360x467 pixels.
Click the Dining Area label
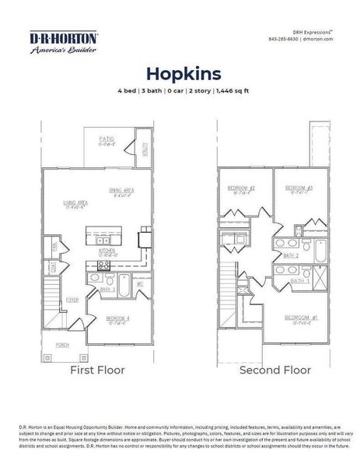pos(123,190)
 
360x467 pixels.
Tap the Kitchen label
pos(107,251)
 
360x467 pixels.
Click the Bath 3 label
pos(107,289)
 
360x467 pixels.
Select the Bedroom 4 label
pos(118,318)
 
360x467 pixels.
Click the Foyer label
pos(71,298)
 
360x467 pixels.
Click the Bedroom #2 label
pos(242,188)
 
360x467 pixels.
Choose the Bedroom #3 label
pos(298,188)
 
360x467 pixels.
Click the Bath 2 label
pos(291,255)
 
